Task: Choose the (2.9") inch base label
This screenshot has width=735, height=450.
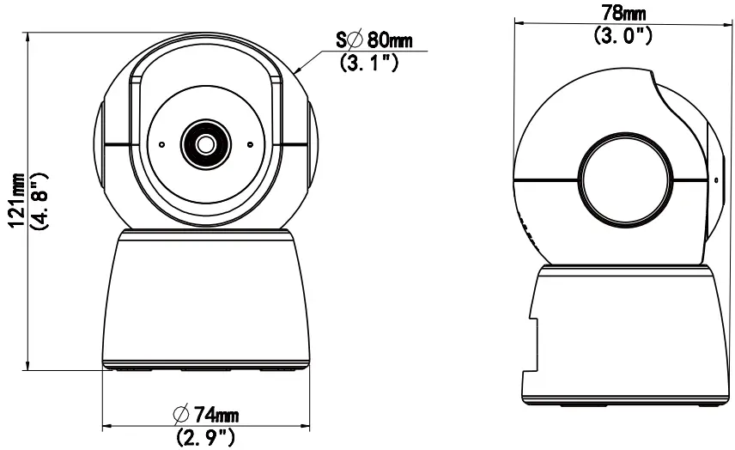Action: coord(205,437)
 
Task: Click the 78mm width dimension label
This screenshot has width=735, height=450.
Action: coord(623,14)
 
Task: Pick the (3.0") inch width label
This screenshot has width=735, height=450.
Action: coord(623,35)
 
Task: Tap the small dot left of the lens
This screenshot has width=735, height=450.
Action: coord(161,144)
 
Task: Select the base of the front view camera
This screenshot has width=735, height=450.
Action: coord(206,301)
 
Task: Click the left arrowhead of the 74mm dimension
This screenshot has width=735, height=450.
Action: coord(104,427)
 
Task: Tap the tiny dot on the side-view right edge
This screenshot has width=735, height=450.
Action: coord(715,180)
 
